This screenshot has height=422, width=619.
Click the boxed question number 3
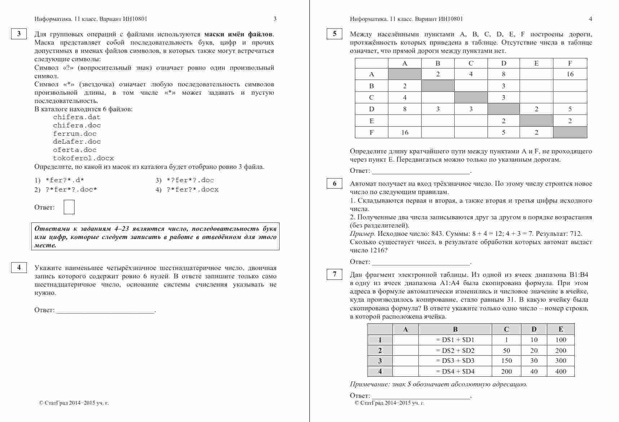tap(19, 34)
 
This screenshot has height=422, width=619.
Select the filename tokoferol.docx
tap(83, 158)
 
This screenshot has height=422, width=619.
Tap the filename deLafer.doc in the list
tap(77, 142)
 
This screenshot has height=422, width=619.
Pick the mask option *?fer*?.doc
tap(190, 180)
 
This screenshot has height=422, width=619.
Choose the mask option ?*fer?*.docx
tap(192, 189)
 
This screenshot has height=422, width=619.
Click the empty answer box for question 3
tap(69, 207)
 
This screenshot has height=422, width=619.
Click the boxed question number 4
tap(19, 267)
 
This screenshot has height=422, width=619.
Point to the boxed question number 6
tap(334, 184)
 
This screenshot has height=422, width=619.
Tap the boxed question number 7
tap(334, 274)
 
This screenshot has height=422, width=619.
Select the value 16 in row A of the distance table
tap(570, 74)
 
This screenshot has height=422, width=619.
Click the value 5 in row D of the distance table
tap(570, 109)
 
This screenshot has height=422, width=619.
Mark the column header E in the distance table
tap(536, 63)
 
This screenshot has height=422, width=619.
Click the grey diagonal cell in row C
tap(471, 98)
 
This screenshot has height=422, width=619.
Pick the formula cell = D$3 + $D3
tap(455, 361)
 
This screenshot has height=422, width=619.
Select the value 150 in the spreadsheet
tap(506, 361)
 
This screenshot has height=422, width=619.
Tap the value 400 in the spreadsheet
tap(561, 371)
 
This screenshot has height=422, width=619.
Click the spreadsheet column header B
tap(455, 329)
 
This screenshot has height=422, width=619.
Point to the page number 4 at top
tap(590, 19)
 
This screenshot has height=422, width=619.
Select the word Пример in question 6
tap(362, 234)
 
